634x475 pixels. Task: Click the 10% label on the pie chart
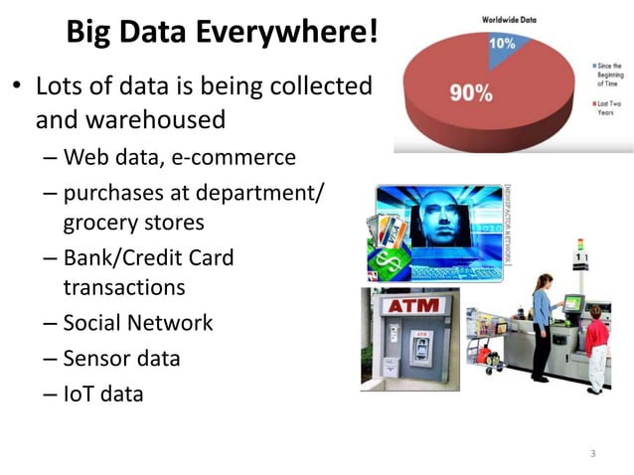pyautogui.click(x=502, y=44)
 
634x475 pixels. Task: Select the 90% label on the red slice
pyautogui.click(x=471, y=93)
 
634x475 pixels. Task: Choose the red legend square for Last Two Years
pyautogui.click(x=589, y=102)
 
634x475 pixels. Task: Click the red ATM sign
pyautogui.click(x=411, y=305)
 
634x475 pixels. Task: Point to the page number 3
pyautogui.click(x=592, y=453)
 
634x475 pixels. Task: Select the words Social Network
pyautogui.click(x=137, y=323)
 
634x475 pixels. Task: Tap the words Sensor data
pyautogui.click(x=121, y=358)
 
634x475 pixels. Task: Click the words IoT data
pyautogui.click(x=103, y=394)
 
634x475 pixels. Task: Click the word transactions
pyautogui.click(x=124, y=287)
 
